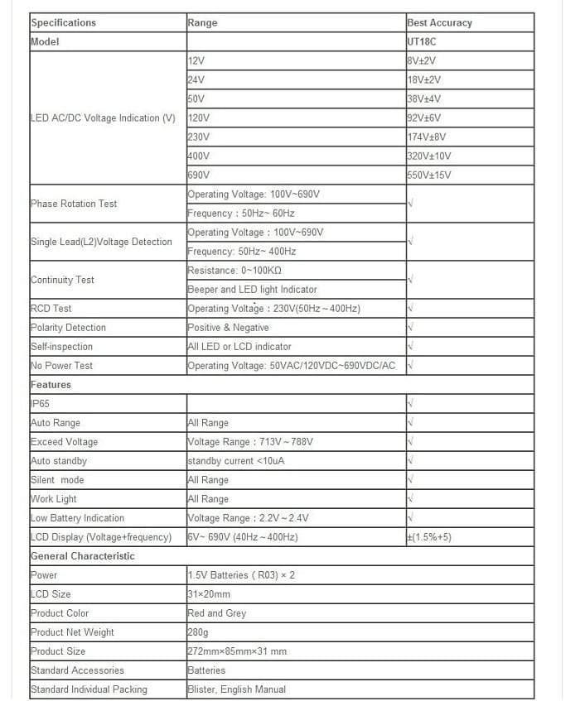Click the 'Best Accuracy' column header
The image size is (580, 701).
point(439,23)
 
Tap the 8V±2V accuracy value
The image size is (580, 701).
point(421,60)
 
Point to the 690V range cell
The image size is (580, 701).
point(199,175)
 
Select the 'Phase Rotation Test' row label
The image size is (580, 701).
point(74,204)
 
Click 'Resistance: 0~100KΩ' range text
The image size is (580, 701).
point(234,271)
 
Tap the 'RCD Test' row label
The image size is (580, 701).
point(51,309)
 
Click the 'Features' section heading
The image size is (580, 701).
point(51,385)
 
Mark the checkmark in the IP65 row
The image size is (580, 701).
point(410,404)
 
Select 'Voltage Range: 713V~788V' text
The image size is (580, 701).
point(250,442)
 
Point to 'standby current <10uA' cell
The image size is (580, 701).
point(235,461)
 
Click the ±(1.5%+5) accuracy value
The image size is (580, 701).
point(428,537)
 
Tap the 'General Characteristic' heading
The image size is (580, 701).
point(82,556)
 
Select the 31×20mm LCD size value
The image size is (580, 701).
point(209,594)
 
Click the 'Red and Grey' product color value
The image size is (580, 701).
point(216,613)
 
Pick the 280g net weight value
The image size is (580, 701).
point(199,632)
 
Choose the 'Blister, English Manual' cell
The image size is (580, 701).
point(236,689)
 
